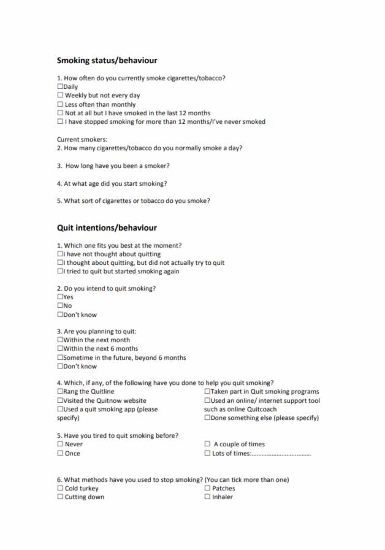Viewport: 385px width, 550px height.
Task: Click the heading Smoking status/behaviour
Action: [x=107, y=61]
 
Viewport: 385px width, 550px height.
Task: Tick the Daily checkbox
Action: [x=60, y=87]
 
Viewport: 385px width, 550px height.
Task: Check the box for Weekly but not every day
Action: [x=60, y=96]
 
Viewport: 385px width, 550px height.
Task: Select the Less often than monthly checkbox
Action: [x=60, y=104]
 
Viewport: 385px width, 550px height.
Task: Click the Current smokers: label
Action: [x=82, y=139]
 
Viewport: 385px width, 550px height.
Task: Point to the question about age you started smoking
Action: [x=112, y=183]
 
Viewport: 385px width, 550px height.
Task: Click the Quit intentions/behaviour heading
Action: [x=107, y=227]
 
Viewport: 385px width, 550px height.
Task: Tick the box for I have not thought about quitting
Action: [x=60, y=254]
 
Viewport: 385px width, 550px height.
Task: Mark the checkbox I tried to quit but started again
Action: [x=60, y=271]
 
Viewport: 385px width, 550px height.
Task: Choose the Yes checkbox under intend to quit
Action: [x=60, y=297]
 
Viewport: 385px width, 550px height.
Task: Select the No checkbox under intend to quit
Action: [x=60, y=306]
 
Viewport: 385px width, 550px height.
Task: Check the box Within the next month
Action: [x=60, y=340]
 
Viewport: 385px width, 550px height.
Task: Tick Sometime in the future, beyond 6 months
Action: [x=60, y=357]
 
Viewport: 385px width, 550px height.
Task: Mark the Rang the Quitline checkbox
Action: [x=60, y=392]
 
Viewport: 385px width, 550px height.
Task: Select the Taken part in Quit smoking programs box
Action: [x=207, y=392]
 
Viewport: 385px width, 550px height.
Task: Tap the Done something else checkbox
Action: [x=207, y=418]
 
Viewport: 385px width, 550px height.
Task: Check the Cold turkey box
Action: [x=60, y=489]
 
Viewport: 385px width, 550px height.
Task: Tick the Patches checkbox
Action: [x=207, y=489]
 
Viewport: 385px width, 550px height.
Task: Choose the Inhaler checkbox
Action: [x=207, y=497]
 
